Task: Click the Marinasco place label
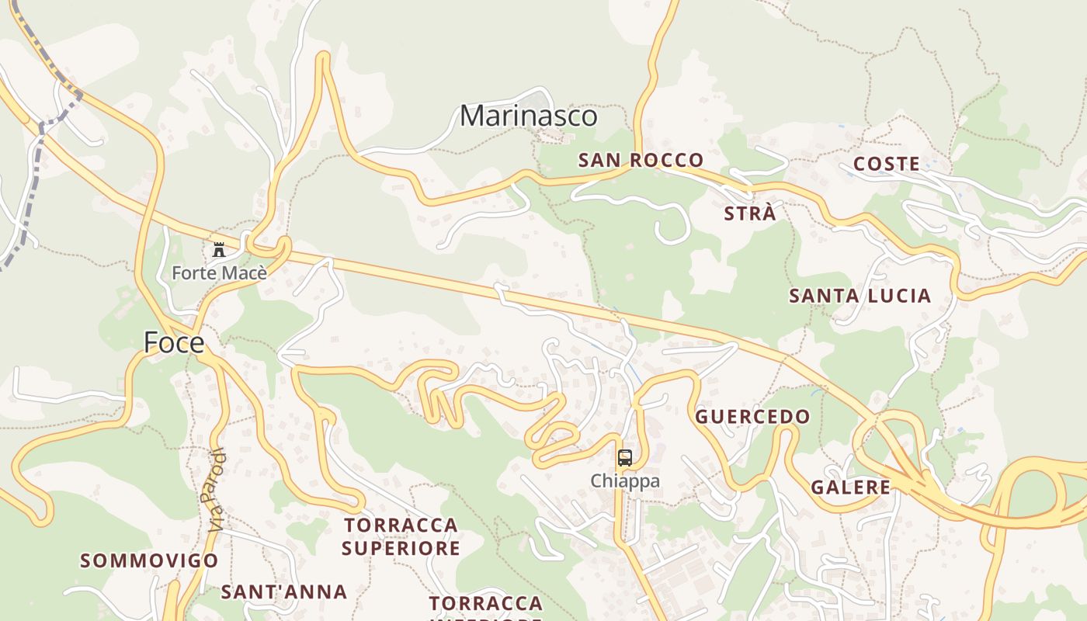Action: coord(529,116)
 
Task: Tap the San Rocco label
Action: coord(641,161)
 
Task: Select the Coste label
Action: coord(886,165)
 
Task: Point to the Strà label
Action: coord(749,214)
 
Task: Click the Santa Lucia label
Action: coord(860,296)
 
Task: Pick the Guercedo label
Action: coord(752,417)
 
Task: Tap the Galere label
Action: coord(850,487)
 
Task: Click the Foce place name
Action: coord(174,342)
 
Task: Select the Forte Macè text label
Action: coord(219,273)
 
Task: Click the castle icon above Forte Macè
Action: coord(219,250)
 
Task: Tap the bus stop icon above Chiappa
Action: coord(625,458)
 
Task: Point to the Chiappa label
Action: coord(625,481)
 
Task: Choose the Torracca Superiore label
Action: coord(401,536)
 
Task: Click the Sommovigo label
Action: coord(149,560)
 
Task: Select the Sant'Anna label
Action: coord(283,592)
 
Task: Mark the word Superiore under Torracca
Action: coord(401,549)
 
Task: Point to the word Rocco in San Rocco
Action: coord(665,161)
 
